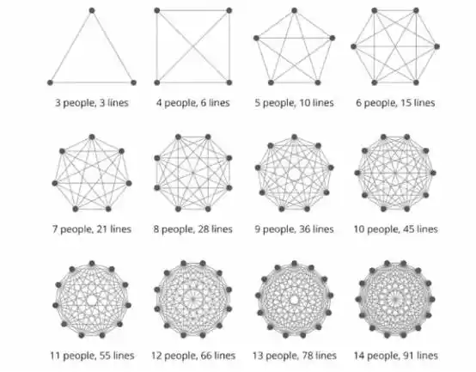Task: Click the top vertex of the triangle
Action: click(92, 10)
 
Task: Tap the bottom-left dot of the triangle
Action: click(50, 82)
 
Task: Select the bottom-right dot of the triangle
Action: click(133, 82)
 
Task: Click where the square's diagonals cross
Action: click(193, 46)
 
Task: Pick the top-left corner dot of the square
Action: click(157, 10)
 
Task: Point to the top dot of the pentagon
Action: click(294, 10)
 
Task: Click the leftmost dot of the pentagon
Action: click(256, 38)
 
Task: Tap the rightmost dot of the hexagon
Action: click(436, 46)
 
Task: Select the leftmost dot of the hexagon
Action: click(354, 46)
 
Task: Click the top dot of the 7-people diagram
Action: click(92, 137)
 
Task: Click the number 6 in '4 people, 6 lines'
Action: click(204, 103)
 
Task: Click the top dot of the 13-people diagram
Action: click(294, 264)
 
